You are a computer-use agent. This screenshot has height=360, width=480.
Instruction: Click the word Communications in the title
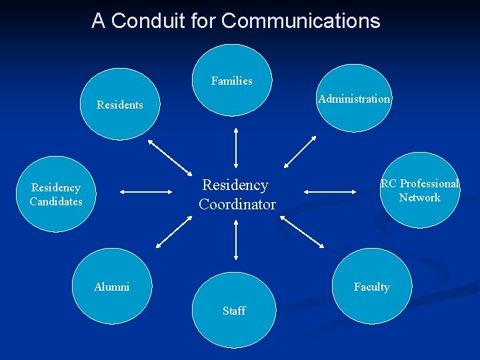[301, 21]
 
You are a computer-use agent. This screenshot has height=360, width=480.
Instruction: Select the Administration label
[354, 99]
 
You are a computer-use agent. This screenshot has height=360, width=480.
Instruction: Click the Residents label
[120, 105]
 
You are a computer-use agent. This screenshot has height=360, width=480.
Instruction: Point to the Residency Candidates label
[56, 195]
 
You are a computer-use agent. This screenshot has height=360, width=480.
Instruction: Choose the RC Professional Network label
[420, 190]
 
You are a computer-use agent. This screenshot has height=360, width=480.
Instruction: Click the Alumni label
[112, 287]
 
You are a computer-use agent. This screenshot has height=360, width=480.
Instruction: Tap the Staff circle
[233, 311]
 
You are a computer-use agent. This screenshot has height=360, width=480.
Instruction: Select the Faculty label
[372, 287]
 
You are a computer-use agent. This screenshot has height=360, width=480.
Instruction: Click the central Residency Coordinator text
[237, 194]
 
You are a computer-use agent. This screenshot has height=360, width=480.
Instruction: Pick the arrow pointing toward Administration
[301, 151]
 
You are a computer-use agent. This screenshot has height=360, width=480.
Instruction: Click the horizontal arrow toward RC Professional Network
[331, 191]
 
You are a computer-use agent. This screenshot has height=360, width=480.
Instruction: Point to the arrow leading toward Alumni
[173, 232]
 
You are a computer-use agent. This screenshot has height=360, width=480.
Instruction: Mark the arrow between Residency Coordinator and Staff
[236, 239]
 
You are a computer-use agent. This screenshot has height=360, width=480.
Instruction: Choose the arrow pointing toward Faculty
[303, 233]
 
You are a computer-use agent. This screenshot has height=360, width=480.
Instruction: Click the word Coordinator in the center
[237, 204]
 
